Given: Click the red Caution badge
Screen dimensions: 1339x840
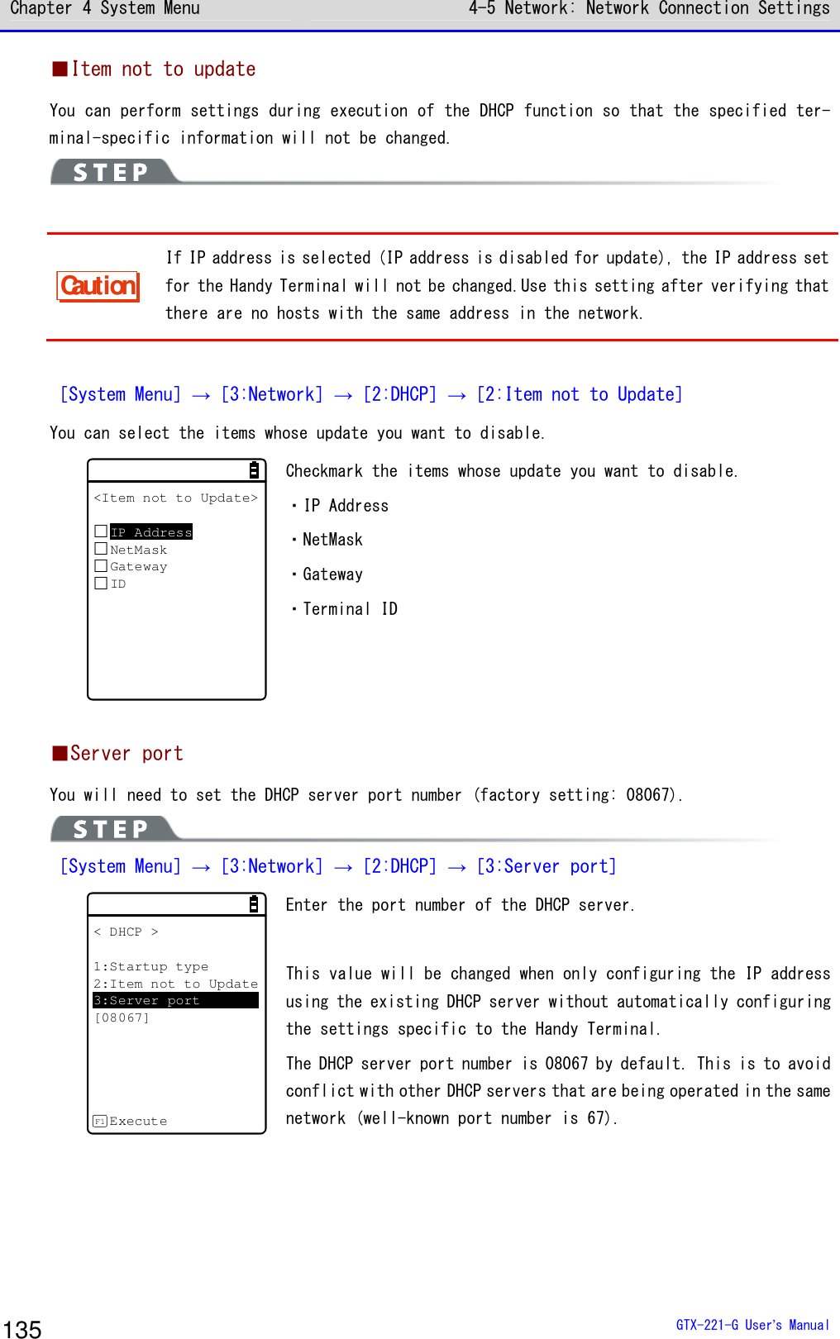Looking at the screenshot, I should (x=98, y=286).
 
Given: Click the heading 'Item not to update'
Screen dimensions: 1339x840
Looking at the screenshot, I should (x=163, y=69).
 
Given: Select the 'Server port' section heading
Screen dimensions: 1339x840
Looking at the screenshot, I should (x=126, y=754).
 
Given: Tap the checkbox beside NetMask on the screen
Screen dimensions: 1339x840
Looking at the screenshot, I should (x=101, y=549).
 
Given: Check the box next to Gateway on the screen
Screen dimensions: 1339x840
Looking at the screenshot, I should (x=101, y=566).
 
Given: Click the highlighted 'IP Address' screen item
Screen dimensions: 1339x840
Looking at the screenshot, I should (x=151, y=532).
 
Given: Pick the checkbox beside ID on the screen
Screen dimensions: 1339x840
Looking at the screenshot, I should (x=101, y=584).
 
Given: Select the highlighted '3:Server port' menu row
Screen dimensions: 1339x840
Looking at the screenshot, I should (x=175, y=1000).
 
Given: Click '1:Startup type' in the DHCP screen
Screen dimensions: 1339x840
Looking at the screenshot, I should (x=150, y=966).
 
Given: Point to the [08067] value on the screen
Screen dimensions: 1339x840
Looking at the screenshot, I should (x=122, y=1017).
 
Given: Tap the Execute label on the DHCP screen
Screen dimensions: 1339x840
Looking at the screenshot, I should (x=137, y=1122).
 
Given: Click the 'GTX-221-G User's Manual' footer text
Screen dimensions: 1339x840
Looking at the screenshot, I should (x=752, y=1325).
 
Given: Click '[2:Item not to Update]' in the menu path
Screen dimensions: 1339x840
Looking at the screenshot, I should (x=580, y=395).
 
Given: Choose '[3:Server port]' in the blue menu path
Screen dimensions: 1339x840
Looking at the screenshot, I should (x=546, y=866).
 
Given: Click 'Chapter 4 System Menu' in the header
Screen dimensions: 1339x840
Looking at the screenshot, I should (x=105, y=9).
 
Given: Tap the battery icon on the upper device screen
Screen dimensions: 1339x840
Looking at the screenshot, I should (x=254, y=470).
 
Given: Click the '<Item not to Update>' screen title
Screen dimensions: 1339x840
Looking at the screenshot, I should (x=176, y=498).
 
